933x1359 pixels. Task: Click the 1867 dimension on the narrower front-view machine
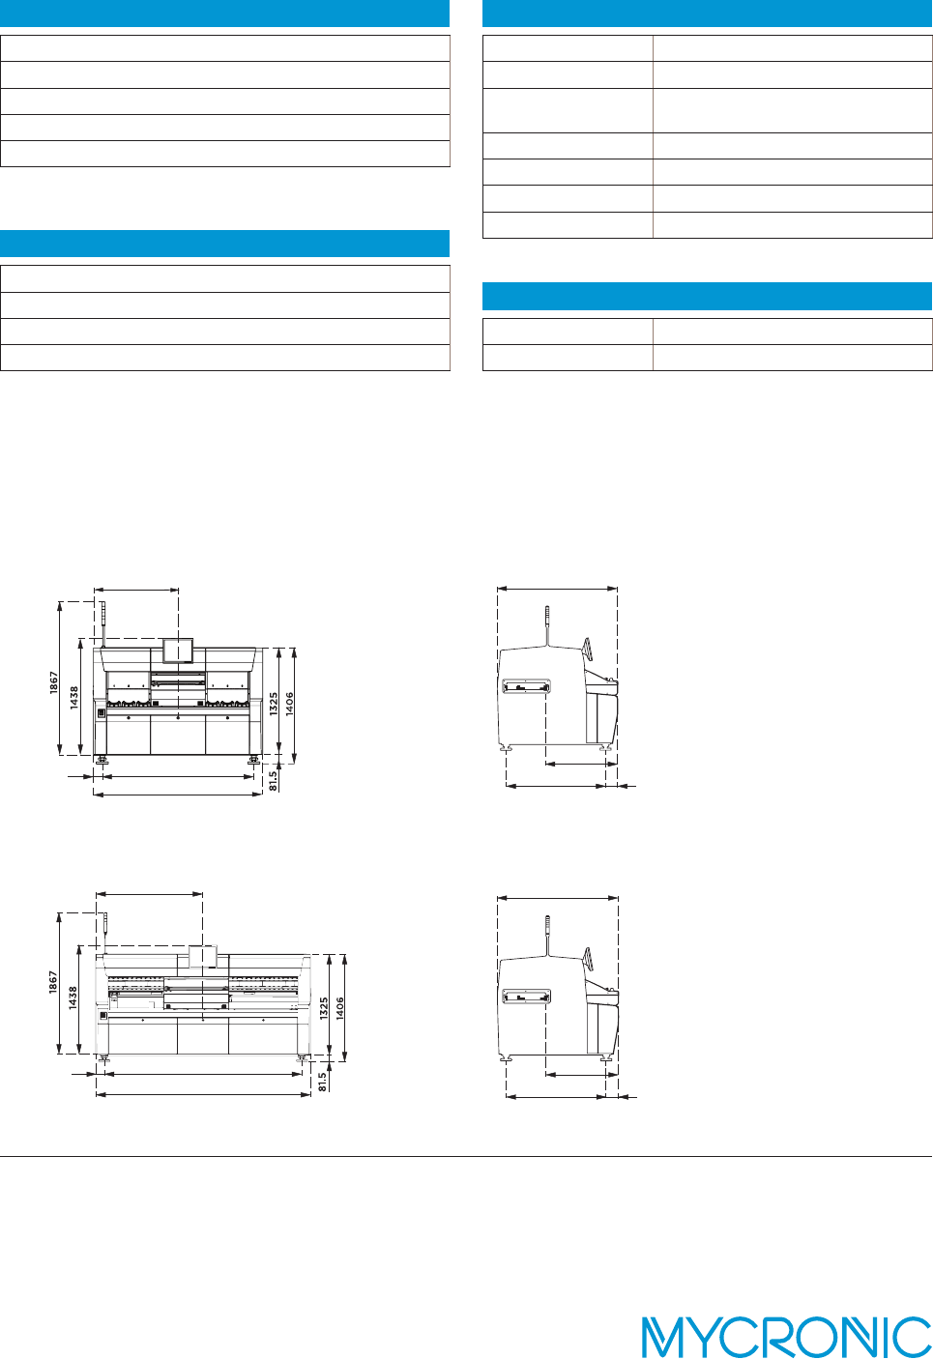point(55,682)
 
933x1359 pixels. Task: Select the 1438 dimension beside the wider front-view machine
point(73,998)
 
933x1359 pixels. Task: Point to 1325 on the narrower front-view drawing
point(275,703)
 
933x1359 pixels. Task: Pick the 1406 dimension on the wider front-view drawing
point(340,1008)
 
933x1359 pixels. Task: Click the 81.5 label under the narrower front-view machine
point(274,780)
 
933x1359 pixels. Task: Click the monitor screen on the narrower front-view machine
point(178,651)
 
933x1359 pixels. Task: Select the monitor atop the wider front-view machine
point(202,956)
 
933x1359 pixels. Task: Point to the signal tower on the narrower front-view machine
point(102,619)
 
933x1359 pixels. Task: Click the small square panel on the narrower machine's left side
point(101,713)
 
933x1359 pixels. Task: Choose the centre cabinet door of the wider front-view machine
point(202,1037)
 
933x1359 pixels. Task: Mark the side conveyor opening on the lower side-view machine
point(527,997)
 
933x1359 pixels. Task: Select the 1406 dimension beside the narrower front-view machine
point(290,703)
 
